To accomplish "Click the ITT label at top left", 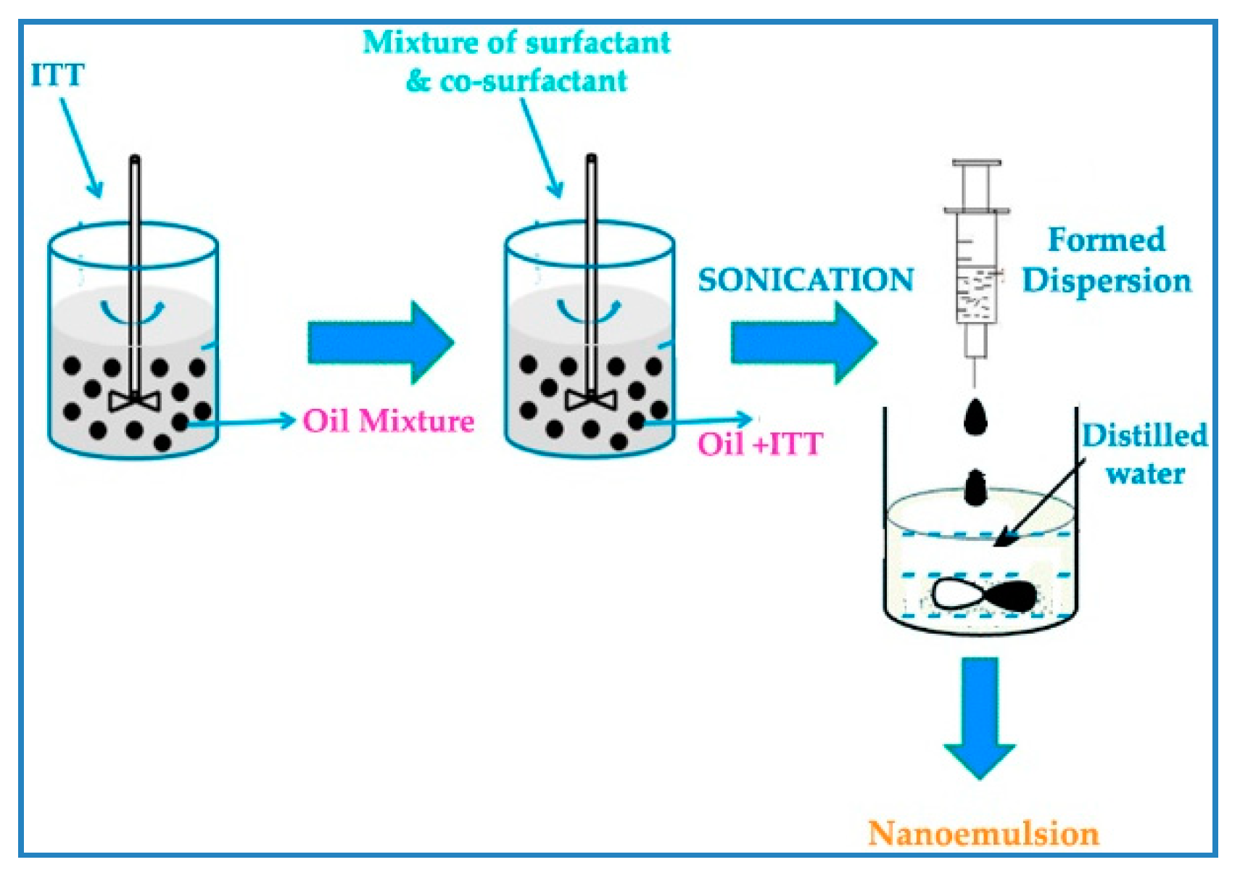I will pos(57,75).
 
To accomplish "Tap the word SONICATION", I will pos(806,280).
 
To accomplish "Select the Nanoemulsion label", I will pos(983,834).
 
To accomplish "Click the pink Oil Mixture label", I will pos(388,421).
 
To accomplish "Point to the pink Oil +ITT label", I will pos(760,444).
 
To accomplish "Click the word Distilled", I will pos(1144,436).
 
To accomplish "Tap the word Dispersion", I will pos(1107,281).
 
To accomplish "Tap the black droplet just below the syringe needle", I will pos(975,418).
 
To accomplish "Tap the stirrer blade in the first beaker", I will pos(135,400).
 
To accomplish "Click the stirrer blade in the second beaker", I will pos(591,399).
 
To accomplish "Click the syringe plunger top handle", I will pos(976,163).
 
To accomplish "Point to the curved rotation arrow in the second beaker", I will pos(588,312).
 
